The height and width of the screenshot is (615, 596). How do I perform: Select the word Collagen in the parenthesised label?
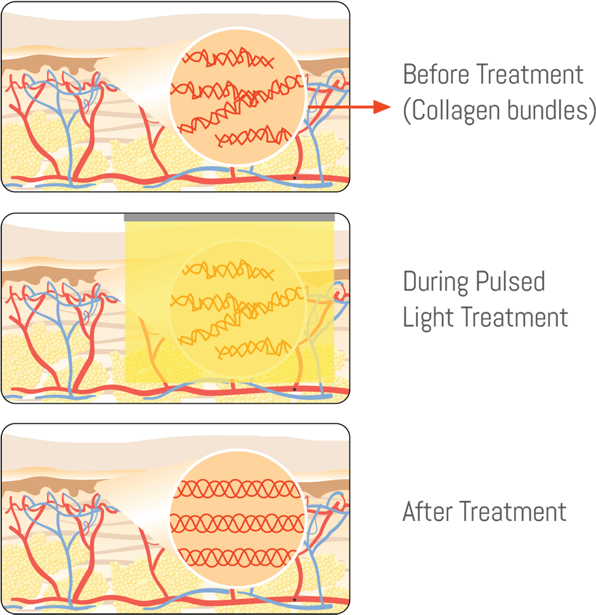pos(451,110)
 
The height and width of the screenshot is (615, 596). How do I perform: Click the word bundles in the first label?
pos(549,110)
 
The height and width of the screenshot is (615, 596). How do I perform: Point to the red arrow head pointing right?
pos(382,107)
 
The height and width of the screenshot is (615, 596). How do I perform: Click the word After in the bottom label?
pos(427,511)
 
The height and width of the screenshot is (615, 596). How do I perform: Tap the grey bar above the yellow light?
pos(229,218)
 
